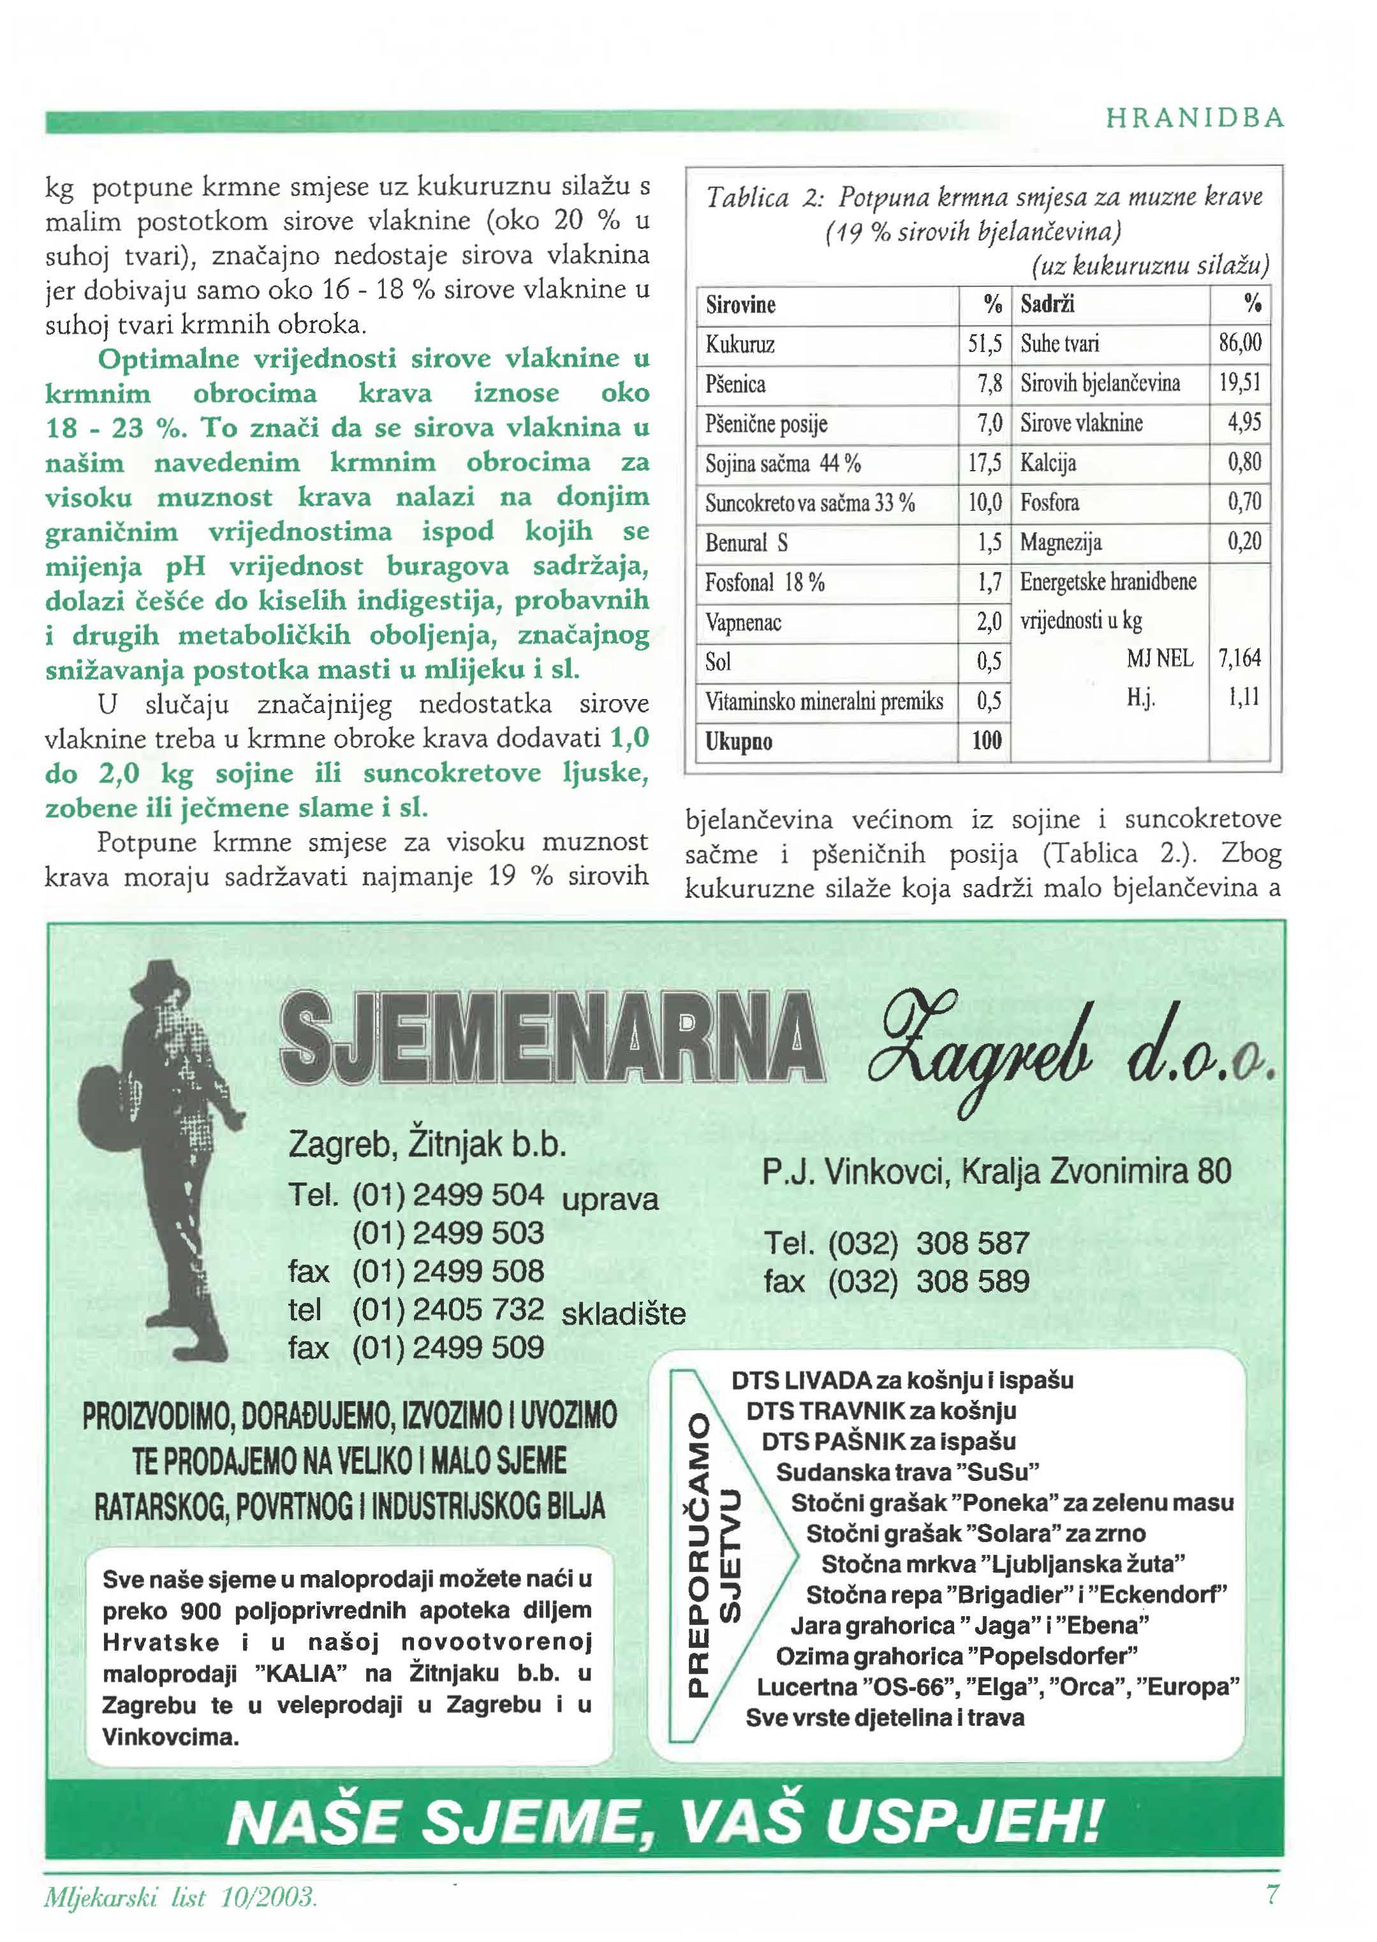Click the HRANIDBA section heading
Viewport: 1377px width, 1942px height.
coord(1195,118)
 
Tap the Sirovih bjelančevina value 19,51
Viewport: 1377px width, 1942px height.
coord(1240,383)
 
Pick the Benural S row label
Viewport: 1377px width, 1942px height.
coord(746,543)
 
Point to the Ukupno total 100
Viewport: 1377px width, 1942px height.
coord(986,741)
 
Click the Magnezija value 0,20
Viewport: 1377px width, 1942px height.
coord(1244,541)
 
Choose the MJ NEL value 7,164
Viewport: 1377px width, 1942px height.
coord(1239,658)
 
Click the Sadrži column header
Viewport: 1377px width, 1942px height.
coord(1047,304)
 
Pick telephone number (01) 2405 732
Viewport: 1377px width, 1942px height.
coord(447,1309)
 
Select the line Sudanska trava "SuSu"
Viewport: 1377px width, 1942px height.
coord(907,1471)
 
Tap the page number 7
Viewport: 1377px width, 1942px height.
coord(1271,1895)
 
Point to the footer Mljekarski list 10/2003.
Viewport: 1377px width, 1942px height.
coord(180,1897)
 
